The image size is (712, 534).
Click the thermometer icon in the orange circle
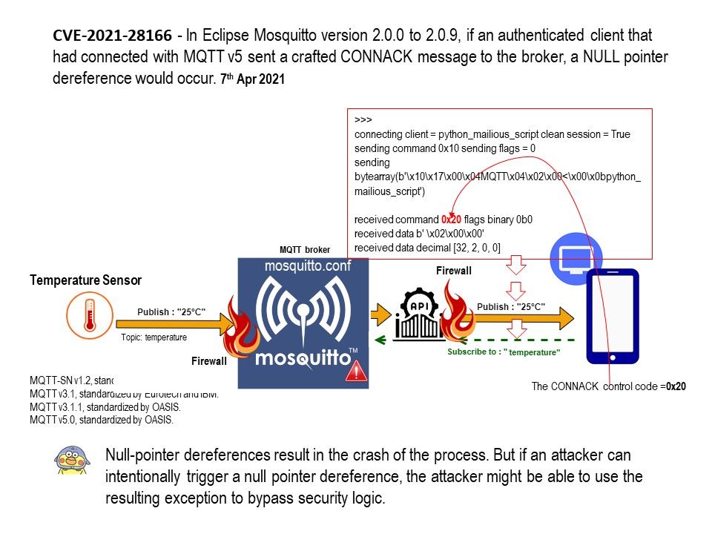coord(89,314)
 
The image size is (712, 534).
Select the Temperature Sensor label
coord(85,280)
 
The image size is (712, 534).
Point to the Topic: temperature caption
coord(154,337)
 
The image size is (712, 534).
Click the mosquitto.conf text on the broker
coord(306,267)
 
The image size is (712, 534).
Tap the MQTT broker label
coord(304,250)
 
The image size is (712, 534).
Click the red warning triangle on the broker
coord(356,371)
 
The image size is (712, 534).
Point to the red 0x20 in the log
coord(450,220)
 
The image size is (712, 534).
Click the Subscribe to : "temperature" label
coord(503,352)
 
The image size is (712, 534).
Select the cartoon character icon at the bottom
coord(72,461)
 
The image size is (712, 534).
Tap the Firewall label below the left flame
coord(209,361)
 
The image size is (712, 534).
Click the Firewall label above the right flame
coord(453,271)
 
